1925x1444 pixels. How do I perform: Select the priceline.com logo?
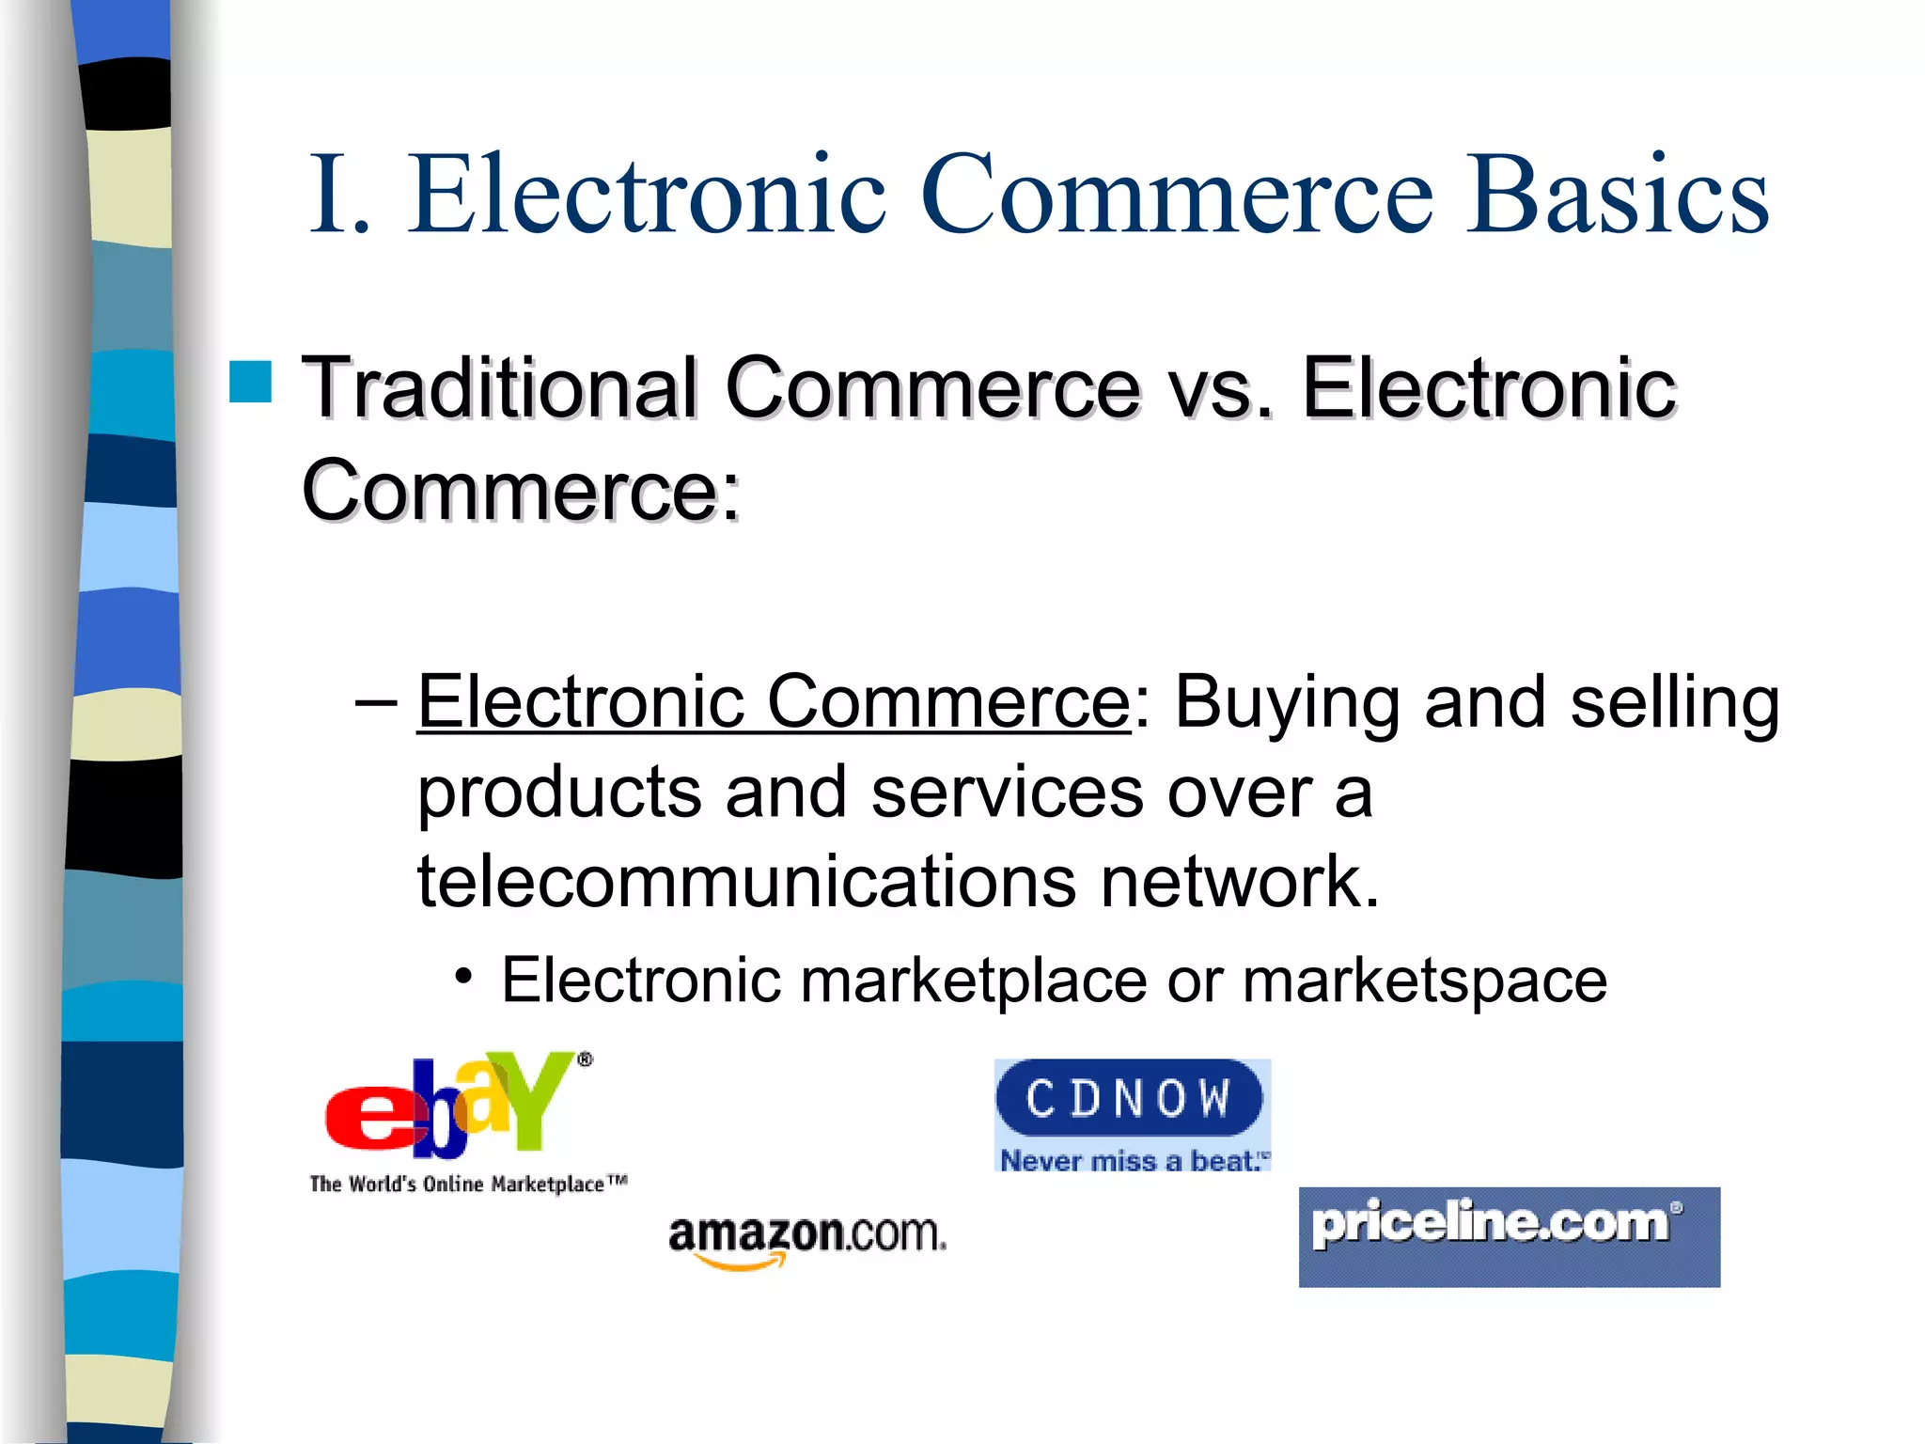coord(1509,1236)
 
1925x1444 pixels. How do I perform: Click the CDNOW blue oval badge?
coord(1129,1098)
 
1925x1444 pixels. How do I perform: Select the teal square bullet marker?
coord(250,382)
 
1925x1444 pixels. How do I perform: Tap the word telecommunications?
coord(746,881)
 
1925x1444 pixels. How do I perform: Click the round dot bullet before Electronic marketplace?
coord(462,978)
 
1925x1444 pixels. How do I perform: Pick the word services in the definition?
coord(1007,792)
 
